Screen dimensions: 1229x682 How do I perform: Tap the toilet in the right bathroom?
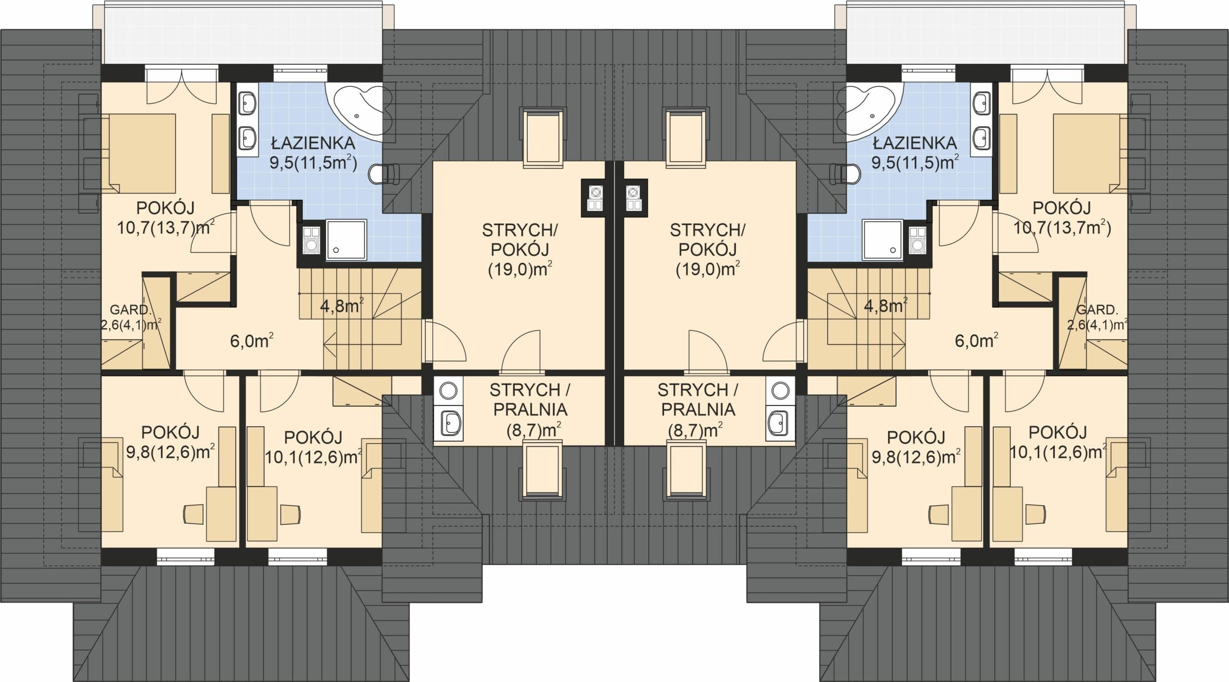pos(844,173)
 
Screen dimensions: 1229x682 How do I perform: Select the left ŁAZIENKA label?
pos(313,143)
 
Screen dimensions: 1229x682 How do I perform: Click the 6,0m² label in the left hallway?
pos(252,341)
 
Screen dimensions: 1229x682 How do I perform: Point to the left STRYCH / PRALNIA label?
pos(530,399)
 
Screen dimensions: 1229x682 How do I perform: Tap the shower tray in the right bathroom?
pos(883,240)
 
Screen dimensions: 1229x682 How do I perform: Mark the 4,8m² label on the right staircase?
pos(886,305)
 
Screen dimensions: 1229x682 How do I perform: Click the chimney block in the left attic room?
pos(594,198)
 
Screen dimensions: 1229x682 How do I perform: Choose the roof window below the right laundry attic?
pos(687,470)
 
